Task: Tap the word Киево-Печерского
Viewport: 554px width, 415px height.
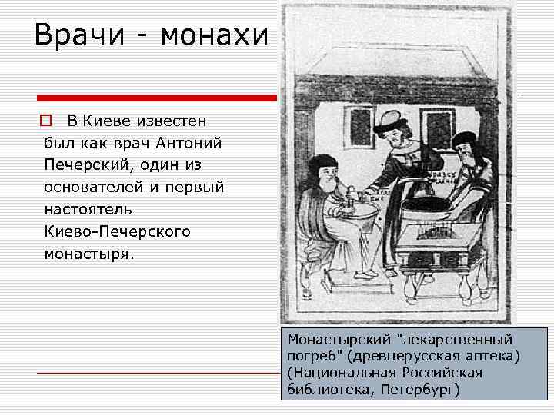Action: point(117,231)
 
